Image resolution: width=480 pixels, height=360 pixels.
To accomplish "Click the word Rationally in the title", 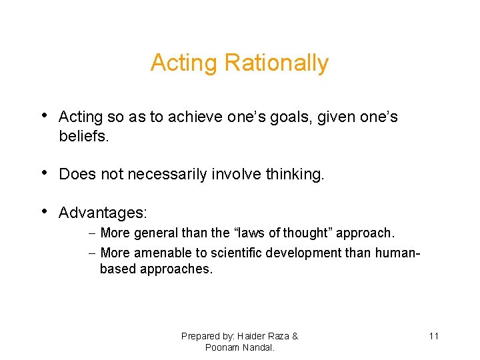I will [276, 63].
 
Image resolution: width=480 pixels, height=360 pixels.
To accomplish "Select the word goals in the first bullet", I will [291, 117].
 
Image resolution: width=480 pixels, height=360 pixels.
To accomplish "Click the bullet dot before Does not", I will [44, 173].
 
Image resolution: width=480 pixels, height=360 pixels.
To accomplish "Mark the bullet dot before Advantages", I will [44, 212].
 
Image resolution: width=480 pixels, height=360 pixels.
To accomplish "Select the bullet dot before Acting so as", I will [44, 116].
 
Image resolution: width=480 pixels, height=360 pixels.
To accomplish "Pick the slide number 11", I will [433, 336].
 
